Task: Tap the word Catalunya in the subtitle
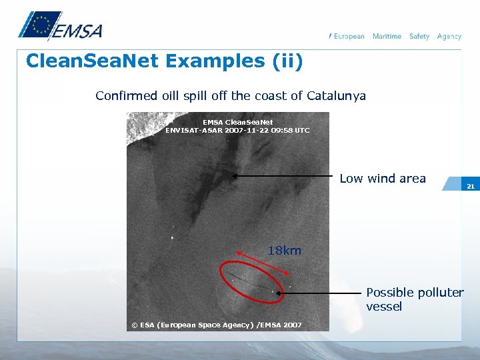tap(336, 96)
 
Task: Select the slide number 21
tap(470, 186)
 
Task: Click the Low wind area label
tap(383, 178)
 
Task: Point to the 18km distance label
tap(285, 251)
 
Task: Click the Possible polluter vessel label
tap(414, 299)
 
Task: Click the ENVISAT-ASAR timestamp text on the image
tap(237, 130)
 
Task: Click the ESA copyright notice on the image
tap(217, 325)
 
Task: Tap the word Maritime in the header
tap(387, 36)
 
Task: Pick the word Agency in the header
tap(449, 36)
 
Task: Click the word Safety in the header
tap(419, 36)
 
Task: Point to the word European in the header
tap(349, 36)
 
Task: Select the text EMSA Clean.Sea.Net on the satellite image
tap(237, 122)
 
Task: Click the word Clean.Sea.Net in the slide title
tap(93, 61)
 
